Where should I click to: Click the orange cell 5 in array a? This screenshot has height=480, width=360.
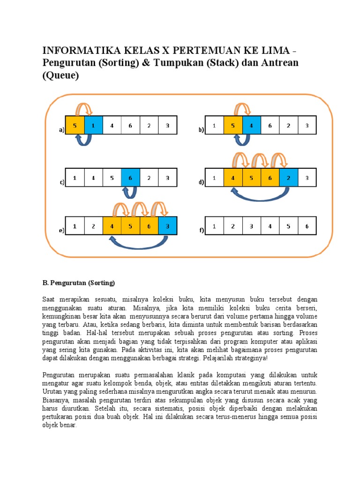[x=75, y=125]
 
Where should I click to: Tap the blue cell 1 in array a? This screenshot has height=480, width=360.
[x=93, y=125]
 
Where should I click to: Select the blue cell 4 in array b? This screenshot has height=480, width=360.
[x=252, y=125]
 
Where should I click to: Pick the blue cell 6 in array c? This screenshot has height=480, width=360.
[x=130, y=178]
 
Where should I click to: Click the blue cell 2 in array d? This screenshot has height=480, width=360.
[x=288, y=178]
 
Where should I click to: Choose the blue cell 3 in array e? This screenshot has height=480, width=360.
[x=167, y=226]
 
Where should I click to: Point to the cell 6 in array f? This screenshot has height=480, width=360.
[x=307, y=226]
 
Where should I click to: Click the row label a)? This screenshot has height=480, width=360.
[x=61, y=131]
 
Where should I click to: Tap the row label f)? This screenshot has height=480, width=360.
[x=202, y=231]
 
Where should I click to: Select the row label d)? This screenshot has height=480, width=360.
[x=202, y=183]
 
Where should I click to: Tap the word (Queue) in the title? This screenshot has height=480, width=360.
[x=60, y=75]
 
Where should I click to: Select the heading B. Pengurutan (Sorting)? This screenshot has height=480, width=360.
[x=78, y=283]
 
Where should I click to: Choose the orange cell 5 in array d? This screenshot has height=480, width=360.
[x=252, y=178]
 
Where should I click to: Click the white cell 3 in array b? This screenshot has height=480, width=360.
[x=307, y=125]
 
